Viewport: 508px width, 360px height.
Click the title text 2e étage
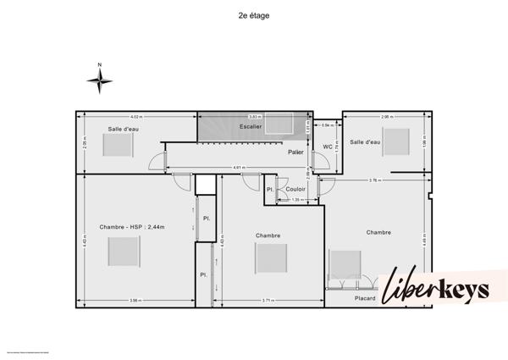click(253, 14)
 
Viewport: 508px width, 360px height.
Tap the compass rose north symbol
click(100, 80)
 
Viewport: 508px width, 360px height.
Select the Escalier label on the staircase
click(250, 126)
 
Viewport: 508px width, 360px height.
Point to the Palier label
click(295, 152)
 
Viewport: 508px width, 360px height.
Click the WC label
click(327, 147)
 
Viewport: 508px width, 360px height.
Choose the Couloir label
click(295, 189)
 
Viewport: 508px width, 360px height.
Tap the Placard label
click(366, 297)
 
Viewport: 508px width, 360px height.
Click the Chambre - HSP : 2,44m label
click(131, 227)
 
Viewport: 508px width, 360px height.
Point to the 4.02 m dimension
click(135, 116)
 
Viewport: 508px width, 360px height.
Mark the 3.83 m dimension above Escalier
click(254, 116)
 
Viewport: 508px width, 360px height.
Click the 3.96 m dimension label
click(135, 301)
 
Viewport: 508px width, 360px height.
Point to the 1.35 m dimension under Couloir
click(295, 200)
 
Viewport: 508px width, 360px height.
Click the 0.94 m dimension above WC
click(327, 125)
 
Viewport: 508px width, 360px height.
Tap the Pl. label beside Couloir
click(269, 189)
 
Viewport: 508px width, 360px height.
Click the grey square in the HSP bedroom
click(124, 252)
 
